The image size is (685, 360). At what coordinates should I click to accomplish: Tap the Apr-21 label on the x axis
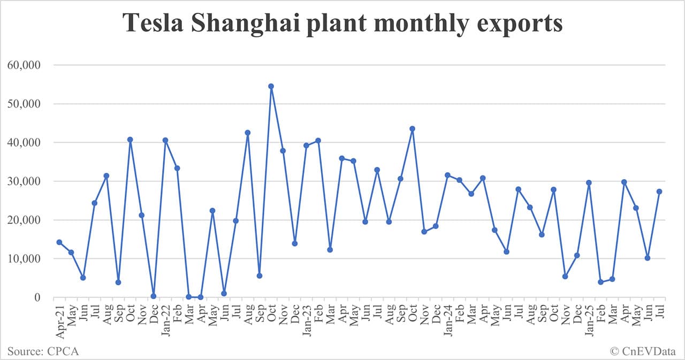[59, 320]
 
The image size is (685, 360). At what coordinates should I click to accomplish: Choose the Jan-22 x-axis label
[165, 320]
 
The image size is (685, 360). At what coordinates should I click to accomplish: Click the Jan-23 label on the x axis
[307, 320]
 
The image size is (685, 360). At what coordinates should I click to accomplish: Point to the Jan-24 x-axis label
[448, 320]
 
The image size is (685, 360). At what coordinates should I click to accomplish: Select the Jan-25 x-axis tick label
[589, 320]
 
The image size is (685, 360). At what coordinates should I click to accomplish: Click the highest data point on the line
[271, 86]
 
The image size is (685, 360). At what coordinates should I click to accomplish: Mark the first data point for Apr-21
[59, 242]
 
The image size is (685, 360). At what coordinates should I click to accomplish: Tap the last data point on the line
[659, 192]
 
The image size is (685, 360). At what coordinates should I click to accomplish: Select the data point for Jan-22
[165, 140]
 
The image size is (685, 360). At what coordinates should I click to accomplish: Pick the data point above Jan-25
[589, 182]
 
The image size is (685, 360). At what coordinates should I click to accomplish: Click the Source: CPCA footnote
[42, 351]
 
